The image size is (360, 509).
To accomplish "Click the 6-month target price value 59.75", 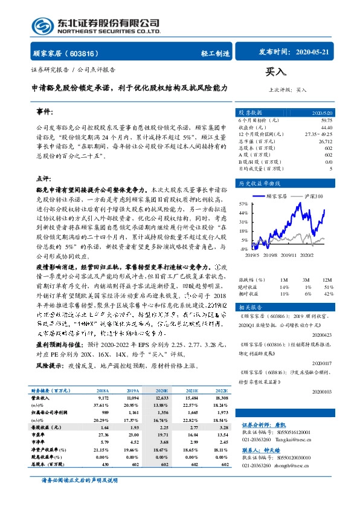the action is pyautogui.click(x=326, y=120).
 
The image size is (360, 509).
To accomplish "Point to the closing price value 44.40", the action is pyautogui.click(x=326, y=127).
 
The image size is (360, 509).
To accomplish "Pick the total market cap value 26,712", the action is pyautogui.click(x=324, y=140).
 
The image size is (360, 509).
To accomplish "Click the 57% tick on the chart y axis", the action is pyautogui.click(x=243, y=204).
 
